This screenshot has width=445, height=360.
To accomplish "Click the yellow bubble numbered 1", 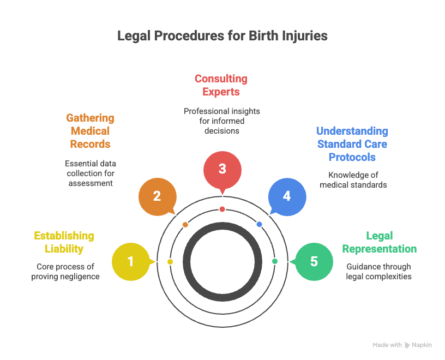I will tap(131, 262).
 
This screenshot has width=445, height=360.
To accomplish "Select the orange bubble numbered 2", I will tap(157, 196).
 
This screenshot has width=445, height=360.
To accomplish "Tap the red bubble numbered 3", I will tap(222, 169).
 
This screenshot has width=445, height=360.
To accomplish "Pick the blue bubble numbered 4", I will tap(287, 196).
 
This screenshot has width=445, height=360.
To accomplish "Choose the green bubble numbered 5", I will tap(314, 262).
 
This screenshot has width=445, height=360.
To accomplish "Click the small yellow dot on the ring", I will tap(170, 262).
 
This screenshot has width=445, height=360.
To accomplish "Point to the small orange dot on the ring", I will tap(185, 225).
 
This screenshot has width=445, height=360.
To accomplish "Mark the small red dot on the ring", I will tap(222, 209).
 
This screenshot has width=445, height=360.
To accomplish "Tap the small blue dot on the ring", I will tap(259, 224).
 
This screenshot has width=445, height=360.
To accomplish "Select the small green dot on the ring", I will tap(274, 261).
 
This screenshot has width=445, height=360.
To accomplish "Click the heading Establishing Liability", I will tap(64, 243).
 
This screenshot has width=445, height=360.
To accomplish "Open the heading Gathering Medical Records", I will tap(90, 131).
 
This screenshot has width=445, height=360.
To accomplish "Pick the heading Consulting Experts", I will tap(221, 85).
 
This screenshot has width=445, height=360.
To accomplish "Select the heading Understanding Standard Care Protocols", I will tap(352, 144).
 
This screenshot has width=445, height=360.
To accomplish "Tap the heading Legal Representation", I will tap(380, 243).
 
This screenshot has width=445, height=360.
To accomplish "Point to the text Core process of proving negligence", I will tap(65, 272).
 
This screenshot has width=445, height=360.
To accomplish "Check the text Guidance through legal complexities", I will tap(379, 272).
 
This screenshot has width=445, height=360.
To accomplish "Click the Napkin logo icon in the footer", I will tap(407, 345).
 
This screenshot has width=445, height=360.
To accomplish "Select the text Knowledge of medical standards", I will tap(353, 180).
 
